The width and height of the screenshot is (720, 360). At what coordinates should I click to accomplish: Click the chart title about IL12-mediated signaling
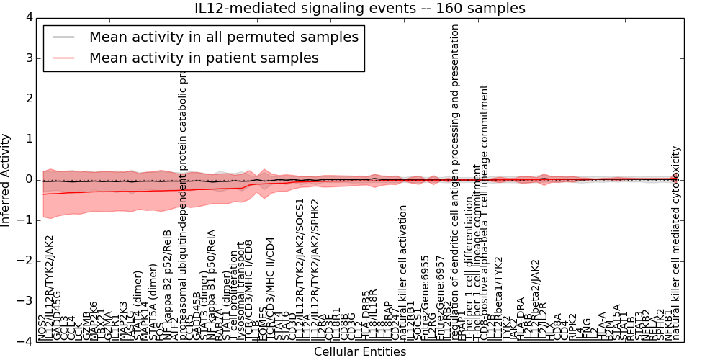359,8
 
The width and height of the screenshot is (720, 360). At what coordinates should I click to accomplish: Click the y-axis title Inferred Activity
6,179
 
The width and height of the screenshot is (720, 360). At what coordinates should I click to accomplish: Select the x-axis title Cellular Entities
359,352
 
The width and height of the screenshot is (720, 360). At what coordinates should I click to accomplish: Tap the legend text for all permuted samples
223,37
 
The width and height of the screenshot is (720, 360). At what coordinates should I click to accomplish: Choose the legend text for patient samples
204,57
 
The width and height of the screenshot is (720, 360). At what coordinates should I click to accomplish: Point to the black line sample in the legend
63,37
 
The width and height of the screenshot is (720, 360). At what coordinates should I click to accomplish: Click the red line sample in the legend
63,57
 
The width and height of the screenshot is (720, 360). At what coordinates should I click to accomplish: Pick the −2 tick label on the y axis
25,261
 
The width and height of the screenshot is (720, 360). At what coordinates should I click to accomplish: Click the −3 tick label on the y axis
25,302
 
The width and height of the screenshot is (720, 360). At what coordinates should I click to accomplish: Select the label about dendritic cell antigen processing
455,180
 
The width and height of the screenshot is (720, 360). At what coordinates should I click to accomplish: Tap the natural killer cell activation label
403,273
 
